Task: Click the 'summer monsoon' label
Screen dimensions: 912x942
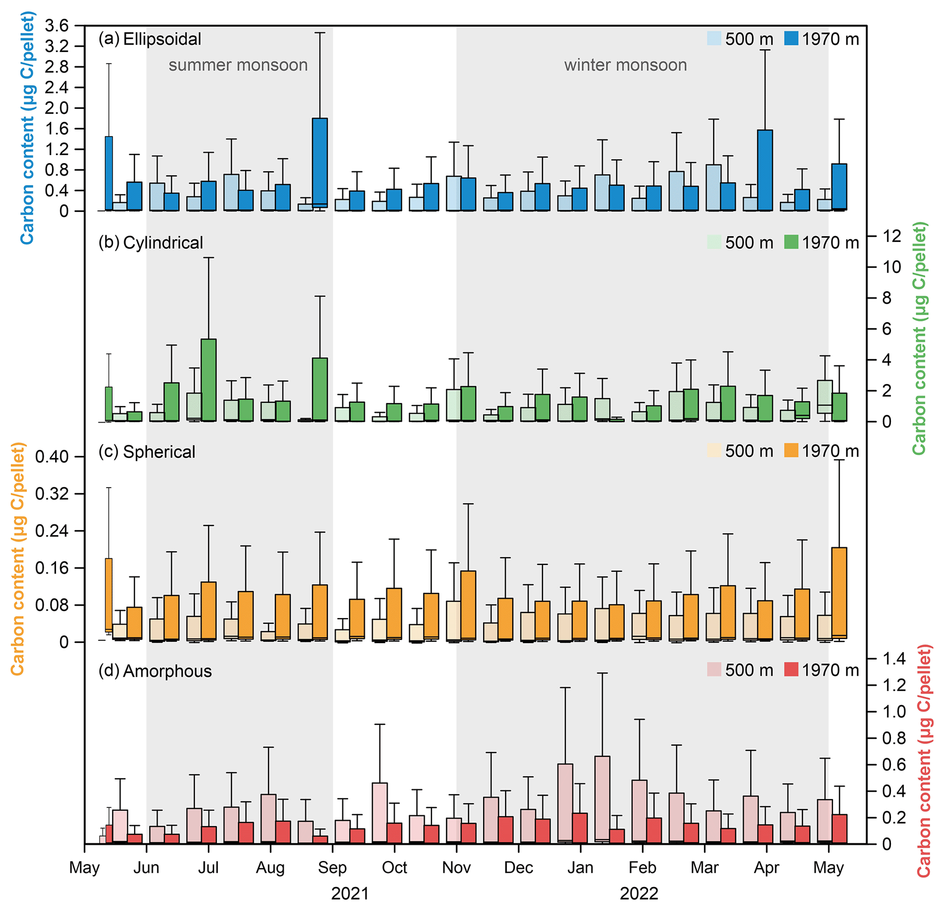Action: coord(238,65)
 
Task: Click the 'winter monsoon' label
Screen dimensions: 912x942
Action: coord(625,65)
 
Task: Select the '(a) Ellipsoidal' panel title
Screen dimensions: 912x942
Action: coord(150,39)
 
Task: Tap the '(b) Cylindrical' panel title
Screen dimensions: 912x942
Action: coord(151,243)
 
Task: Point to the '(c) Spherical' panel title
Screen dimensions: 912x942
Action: coord(147,452)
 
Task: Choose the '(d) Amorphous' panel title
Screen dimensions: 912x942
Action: coord(155,671)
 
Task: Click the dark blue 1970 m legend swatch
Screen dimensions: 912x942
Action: coord(791,38)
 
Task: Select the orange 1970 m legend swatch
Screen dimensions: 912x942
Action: coord(791,450)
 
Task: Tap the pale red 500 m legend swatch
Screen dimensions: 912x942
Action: coord(714,670)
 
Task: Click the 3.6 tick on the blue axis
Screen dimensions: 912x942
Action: coord(57,26)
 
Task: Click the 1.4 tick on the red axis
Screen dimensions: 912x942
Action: coord(894,659)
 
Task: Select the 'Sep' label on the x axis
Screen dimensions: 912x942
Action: coord(332,867)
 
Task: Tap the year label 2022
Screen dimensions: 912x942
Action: coord(639,894)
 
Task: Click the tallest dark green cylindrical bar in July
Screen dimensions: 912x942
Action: coord(209,380)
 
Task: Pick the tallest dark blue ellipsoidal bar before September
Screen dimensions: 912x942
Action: coord(319,164)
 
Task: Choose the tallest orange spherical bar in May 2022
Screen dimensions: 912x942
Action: coord(839,593)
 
